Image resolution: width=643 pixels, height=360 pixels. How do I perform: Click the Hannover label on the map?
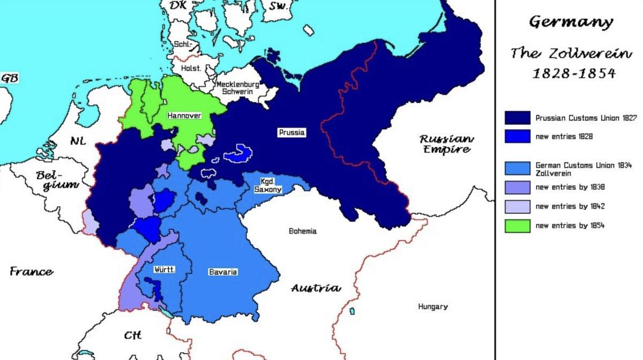coord(184,115)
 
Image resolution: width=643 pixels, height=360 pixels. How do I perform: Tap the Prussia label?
coord(291,132)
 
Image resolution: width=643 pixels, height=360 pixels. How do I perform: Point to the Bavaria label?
coord(222,272)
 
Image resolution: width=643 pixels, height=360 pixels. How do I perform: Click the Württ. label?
coord(164,269)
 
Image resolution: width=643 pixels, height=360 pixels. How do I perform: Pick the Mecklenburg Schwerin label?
coord(237,88)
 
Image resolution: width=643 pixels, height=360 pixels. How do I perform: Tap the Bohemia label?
coord(302,231)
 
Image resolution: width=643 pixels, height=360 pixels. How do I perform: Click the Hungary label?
coord(432,306)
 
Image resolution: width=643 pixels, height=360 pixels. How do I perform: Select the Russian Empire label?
coord(446,144)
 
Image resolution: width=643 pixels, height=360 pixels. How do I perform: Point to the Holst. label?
coord(191,69)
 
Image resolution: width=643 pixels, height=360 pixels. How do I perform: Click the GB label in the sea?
coord(10,78)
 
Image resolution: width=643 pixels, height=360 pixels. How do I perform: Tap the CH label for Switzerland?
coord(132,335)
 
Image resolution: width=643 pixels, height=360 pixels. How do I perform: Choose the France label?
coord(31,272)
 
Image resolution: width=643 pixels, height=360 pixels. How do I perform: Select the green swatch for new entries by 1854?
coord(517,226)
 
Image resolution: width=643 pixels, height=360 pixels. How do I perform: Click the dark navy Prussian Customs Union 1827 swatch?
coord(517,117)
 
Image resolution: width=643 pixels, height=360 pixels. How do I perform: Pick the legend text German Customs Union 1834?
coord(583,166)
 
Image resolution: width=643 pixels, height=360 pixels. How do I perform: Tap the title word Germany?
coord(571,22)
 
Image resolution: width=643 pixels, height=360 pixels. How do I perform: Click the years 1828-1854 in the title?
coord(573,73)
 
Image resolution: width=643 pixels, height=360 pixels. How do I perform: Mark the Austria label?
coord(316,288)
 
